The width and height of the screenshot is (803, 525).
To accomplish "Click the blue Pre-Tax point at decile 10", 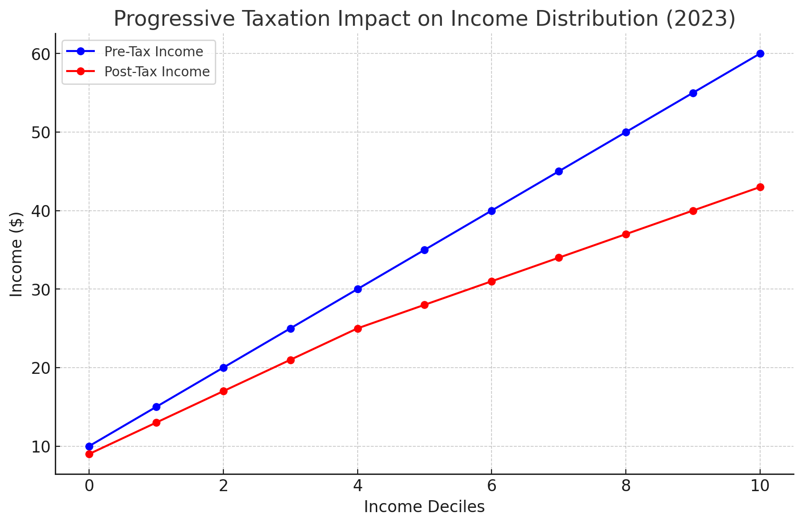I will tap(760, 53).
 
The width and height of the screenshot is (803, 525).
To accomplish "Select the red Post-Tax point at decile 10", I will tap(760, 187).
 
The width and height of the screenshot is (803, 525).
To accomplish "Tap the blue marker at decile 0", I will tap(89, 446).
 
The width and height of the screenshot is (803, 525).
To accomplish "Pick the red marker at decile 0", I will tap(89, 454).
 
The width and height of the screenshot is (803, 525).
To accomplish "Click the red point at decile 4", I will tap(358, 329).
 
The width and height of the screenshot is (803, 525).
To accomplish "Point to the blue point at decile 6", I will tap(492, 211).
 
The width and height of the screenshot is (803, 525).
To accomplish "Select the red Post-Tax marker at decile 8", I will tap(626, 234).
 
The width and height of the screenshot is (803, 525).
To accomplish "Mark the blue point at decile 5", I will tap(424, 250).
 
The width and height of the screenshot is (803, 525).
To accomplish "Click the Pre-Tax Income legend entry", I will tap(153, 51).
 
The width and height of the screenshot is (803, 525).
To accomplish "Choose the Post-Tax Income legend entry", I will tap(157, 72).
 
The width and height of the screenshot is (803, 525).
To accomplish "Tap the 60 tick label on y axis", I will tap(41, 54).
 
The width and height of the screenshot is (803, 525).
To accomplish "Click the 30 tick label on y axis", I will tap(41, 289).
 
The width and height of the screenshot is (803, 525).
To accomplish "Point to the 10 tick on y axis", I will tap(41, 447).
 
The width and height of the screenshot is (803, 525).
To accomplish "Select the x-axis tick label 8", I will tap(626, 487).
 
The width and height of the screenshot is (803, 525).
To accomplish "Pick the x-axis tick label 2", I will tap(223, 487).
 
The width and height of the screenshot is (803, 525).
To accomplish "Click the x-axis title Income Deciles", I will tap(424, 507).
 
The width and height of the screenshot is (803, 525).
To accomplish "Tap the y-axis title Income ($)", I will tap(16, 254).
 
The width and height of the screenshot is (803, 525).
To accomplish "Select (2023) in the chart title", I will tap(698, 19).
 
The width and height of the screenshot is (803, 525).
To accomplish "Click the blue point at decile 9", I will tap(693, 93).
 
